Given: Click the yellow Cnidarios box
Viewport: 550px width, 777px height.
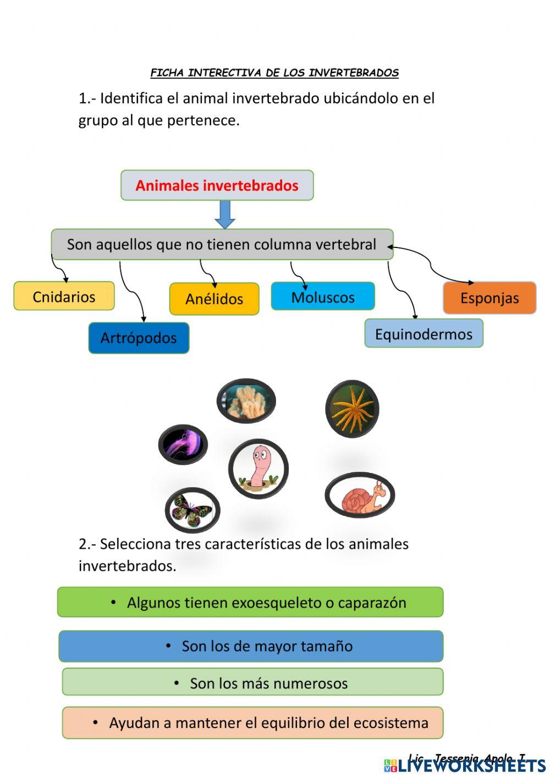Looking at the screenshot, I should click(64, 296).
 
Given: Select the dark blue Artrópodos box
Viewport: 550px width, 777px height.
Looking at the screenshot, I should click(139, 338).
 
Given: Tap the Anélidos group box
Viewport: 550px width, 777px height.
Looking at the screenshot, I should click(214, 299).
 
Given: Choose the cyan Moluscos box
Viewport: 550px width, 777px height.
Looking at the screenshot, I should click(323, 297).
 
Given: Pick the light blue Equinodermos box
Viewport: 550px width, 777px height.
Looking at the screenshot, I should click(424, 334).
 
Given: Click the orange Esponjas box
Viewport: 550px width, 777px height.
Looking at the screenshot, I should click(490, 298).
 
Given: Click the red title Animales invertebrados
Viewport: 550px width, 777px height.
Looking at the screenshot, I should click(217, 185).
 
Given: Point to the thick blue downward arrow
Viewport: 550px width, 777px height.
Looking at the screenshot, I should click(224, 214).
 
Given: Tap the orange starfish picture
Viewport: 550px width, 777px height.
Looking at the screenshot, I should click(352, 409).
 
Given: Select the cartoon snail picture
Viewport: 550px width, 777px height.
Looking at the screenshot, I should click(360, 495).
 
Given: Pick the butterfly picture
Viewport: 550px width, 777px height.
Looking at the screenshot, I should click(192, 511).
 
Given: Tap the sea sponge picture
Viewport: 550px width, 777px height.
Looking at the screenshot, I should click(246, 401).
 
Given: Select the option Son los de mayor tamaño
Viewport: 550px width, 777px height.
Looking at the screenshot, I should click(251, 646).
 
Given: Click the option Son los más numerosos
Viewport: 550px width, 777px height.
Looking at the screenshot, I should click(252, 683).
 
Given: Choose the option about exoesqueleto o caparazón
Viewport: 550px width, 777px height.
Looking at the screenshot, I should click(250, 603).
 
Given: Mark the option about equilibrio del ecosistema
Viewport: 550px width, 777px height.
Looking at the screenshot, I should click(252, 723).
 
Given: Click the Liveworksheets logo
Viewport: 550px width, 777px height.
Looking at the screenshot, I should click(465, 765).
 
